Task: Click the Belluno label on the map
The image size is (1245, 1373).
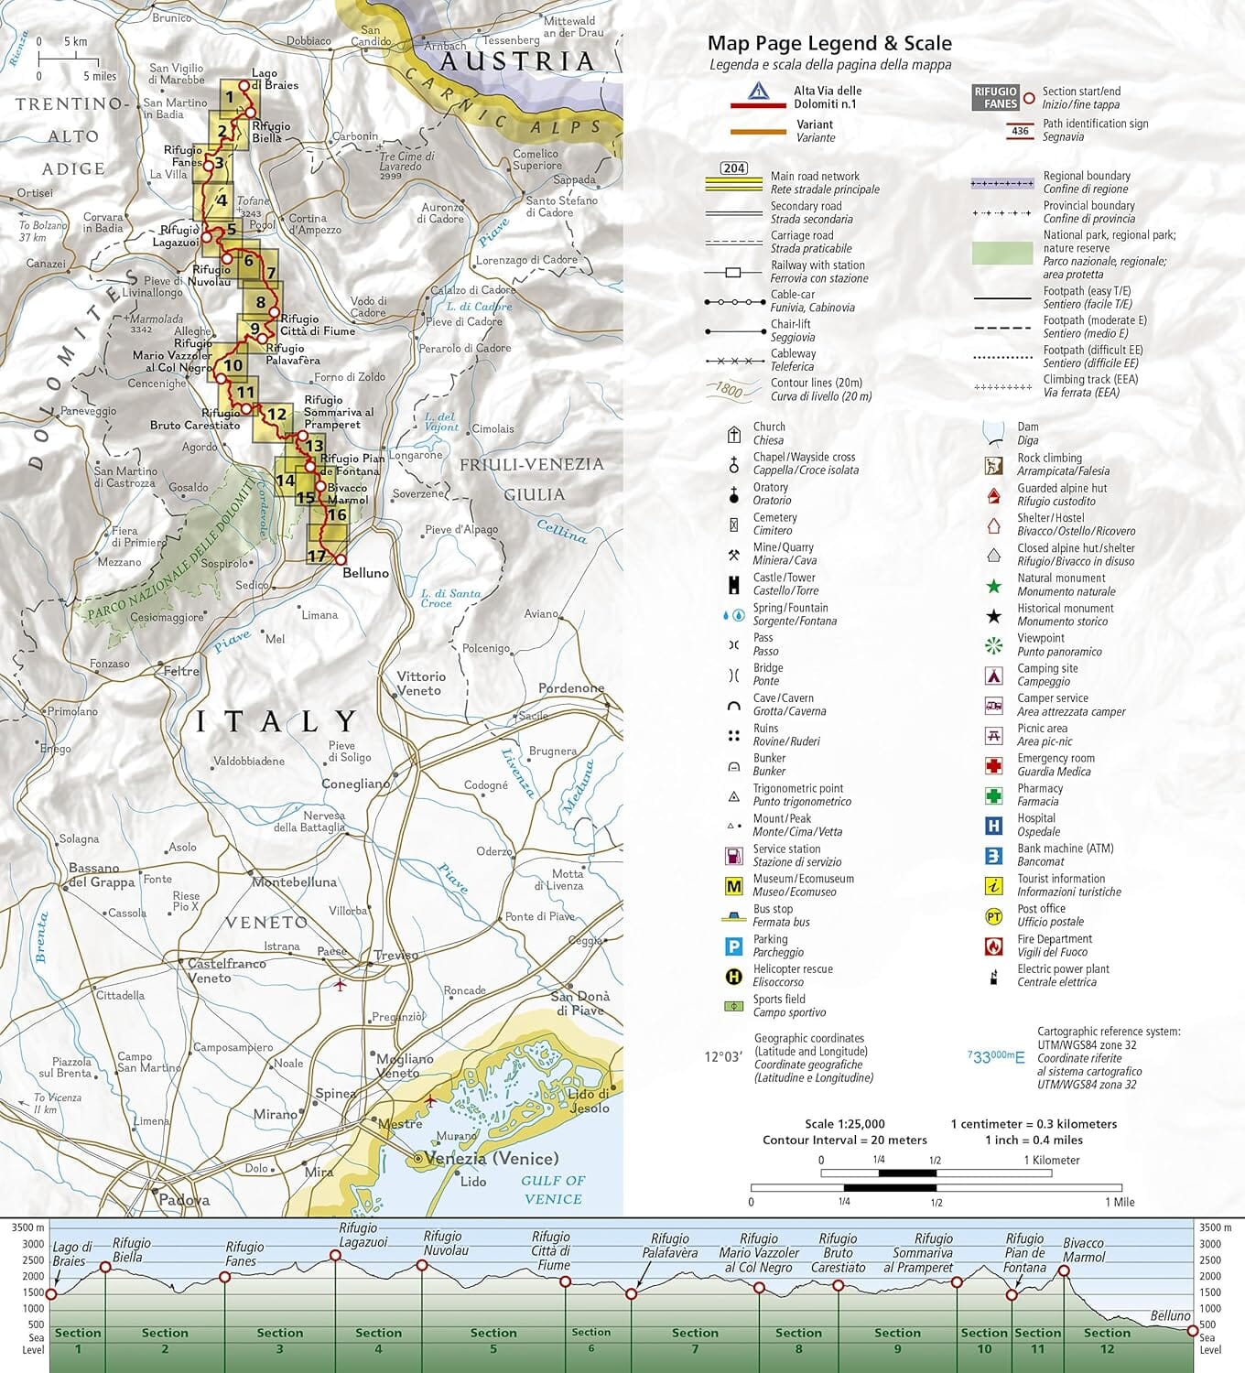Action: tap(365, 573)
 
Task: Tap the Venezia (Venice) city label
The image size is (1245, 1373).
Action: tap(492, 1158)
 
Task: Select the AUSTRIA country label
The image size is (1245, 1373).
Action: tap(518, 61)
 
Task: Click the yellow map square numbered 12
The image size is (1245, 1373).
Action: tap(276, 414)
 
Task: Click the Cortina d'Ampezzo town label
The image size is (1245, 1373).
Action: tap(309, 224)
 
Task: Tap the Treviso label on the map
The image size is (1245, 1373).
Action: tap(395, 955)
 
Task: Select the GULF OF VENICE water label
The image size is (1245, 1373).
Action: tap(553, 1189)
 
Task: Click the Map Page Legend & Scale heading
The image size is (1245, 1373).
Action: tap(829, 43)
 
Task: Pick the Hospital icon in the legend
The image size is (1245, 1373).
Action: tap(993, 826)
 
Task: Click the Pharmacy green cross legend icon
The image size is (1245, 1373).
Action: tap(993, 795)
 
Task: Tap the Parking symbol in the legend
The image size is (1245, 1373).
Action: tap(733, 946)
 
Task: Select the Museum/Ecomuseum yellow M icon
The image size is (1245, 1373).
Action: tap(733, 886)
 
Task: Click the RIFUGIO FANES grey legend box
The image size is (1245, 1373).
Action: tap(995, 98)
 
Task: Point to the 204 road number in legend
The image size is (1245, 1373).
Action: tap(734, 168)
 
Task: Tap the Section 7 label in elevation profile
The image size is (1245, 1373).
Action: tap(695, 1340)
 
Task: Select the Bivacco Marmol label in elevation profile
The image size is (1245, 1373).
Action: tap(1084, 1249)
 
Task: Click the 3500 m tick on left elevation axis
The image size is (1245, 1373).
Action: tap(27, 1227)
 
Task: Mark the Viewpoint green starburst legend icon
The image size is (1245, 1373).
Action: tap(993, 645)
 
